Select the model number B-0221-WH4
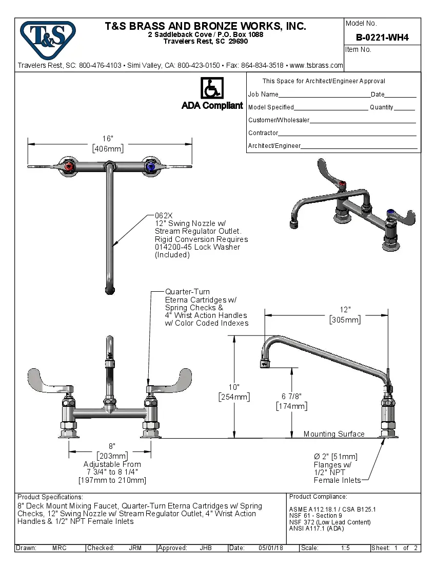click(382, 37)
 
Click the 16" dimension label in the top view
click(108, 139)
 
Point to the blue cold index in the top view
click(150, 166)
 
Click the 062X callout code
click(164, 216)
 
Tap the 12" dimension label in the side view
click(345, 310)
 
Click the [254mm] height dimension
click(234, 397)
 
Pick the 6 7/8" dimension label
click(291, 396)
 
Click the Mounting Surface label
click(334, 434)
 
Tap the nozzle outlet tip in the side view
click(264, 364)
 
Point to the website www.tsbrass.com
click(316, 65)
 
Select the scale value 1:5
click(345, 548)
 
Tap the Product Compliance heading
click(318, 497)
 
